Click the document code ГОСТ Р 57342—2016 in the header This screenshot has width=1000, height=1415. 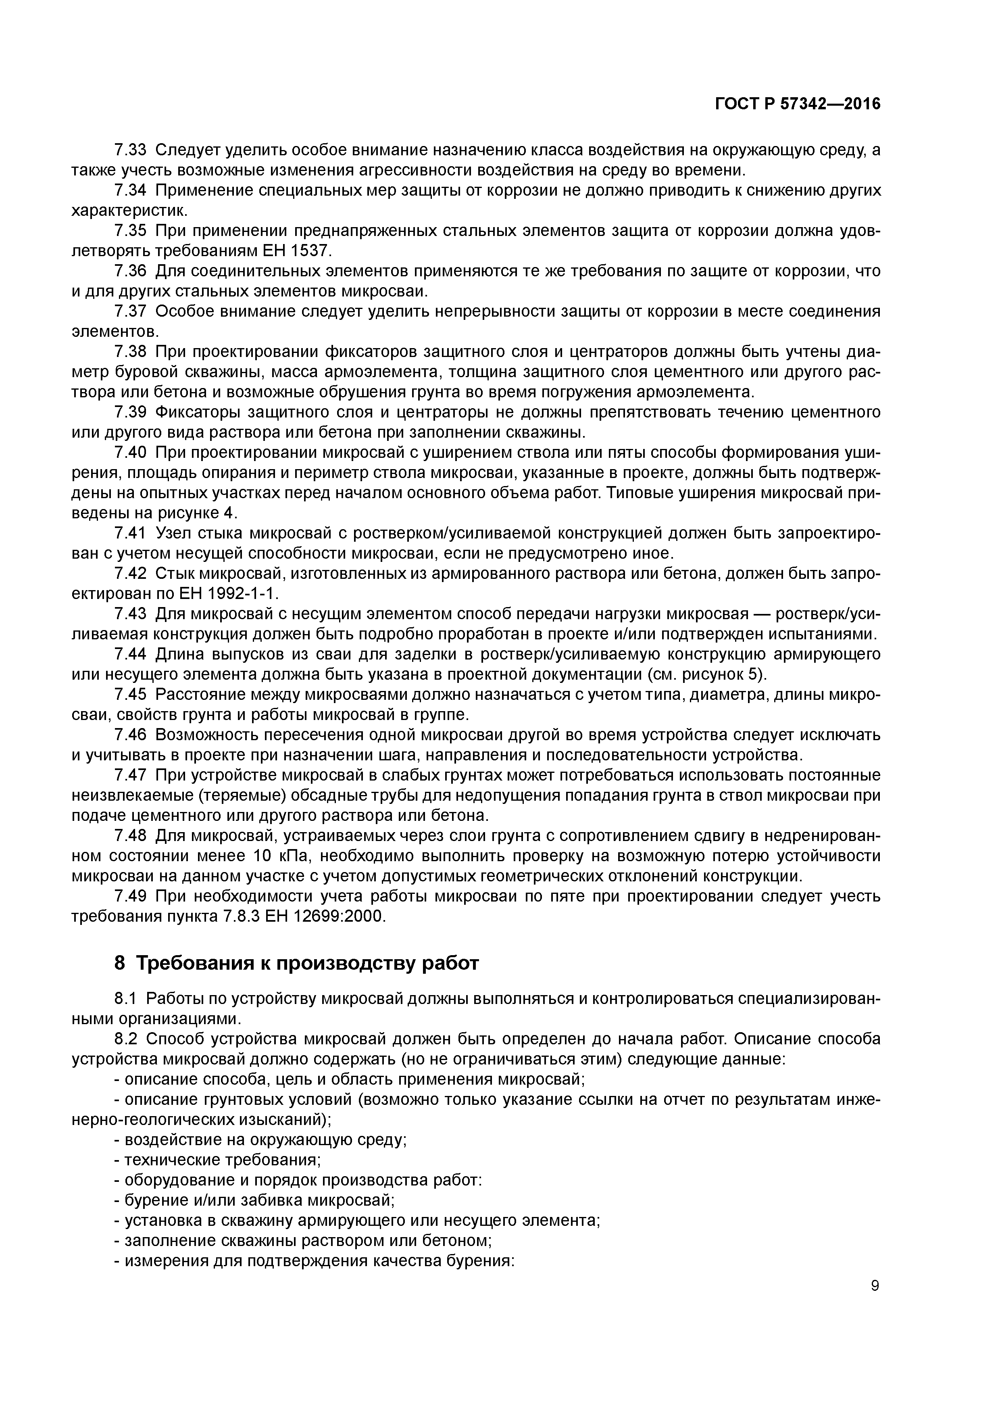tap(798, 104)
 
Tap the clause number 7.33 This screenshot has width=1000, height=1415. tap(131, 150)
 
